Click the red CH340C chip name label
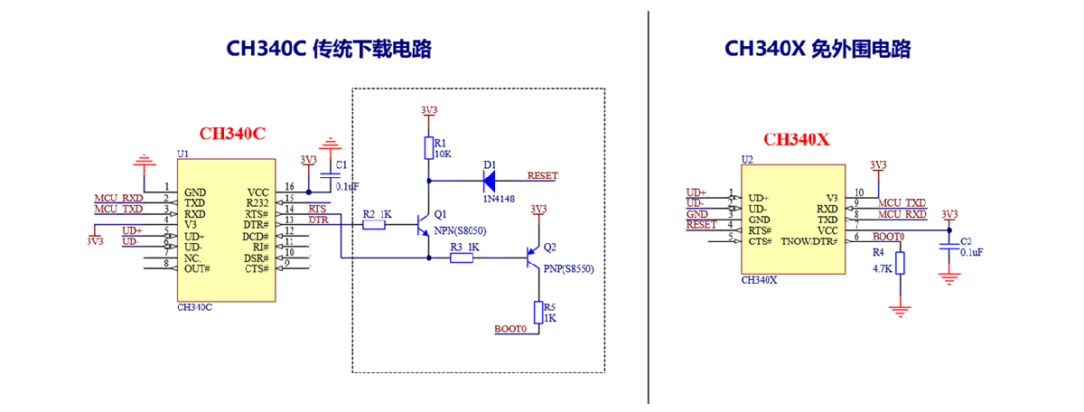coord(232,134)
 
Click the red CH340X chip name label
coord(796,139)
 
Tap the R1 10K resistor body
coord(428,148)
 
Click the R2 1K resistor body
coord(374,224)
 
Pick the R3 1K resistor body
coord(462,258)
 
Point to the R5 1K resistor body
coord(538,312)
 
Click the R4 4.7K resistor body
coord(899,263)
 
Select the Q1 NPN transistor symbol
coord(424,224)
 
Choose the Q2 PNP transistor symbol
coord(534,257)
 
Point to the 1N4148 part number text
coord(499,199)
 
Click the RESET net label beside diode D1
coord(542,176)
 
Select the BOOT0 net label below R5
coord(510,329)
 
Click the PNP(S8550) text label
coord(569,268)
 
